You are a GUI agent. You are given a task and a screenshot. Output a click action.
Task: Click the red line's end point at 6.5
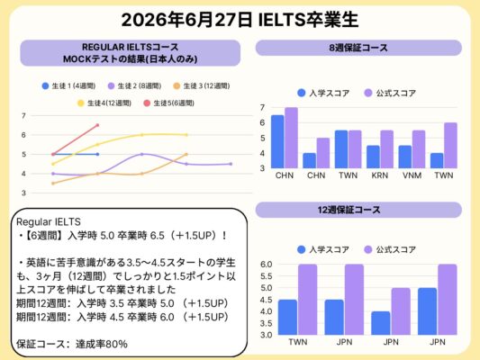pos(97,125)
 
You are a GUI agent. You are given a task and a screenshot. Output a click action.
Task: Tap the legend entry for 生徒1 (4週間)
pos(68,86)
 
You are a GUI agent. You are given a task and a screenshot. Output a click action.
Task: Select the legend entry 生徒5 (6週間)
pos(168,103)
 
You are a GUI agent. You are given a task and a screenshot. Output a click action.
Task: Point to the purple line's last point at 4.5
pos(231,164)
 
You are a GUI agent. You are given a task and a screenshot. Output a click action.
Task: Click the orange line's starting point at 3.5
pos(53,184)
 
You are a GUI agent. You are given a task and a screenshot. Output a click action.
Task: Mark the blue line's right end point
pos(97,154)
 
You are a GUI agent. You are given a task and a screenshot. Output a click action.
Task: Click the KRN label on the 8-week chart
pos(380,175)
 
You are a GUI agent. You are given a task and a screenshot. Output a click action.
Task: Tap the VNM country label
pos(412,175)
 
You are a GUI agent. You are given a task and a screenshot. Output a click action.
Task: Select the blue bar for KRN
pos(373,157)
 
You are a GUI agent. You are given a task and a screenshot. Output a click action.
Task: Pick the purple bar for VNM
pos(419,149)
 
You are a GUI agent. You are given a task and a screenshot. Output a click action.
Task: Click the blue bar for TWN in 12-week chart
pos(287,317)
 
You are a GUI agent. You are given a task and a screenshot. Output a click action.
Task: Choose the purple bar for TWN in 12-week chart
pos(308,300)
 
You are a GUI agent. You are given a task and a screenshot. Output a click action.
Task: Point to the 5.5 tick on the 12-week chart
pos(267,276)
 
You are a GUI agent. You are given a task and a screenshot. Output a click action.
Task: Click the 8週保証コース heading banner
pos(358,48)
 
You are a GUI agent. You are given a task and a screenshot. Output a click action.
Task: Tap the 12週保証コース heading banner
pos(358,210)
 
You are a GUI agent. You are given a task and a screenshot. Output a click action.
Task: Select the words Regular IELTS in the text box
pos(49,221)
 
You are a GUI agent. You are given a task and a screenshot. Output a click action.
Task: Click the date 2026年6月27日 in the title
pos(187,20)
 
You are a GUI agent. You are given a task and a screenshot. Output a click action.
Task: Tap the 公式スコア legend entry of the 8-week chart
pos(390,93)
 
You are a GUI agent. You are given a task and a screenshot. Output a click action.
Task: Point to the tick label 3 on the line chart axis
pos(23,193)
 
